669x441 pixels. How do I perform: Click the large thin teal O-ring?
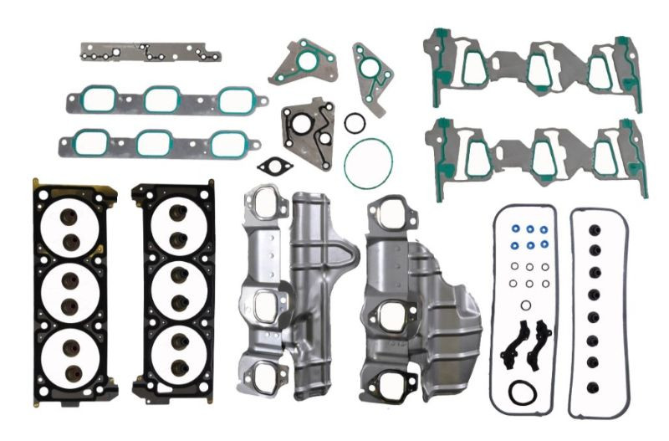[x=368, y=141]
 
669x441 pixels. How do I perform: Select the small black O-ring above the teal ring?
[x=355, y=123]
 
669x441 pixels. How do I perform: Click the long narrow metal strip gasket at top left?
[x=151, y=53]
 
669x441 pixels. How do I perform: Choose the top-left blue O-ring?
[x=513, y=228]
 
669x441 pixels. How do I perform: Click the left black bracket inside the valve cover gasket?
[x=512, y=344]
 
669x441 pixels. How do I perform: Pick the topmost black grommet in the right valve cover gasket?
[x=595, y=228]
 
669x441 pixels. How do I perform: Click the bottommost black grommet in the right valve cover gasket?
[x=595, y=384]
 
